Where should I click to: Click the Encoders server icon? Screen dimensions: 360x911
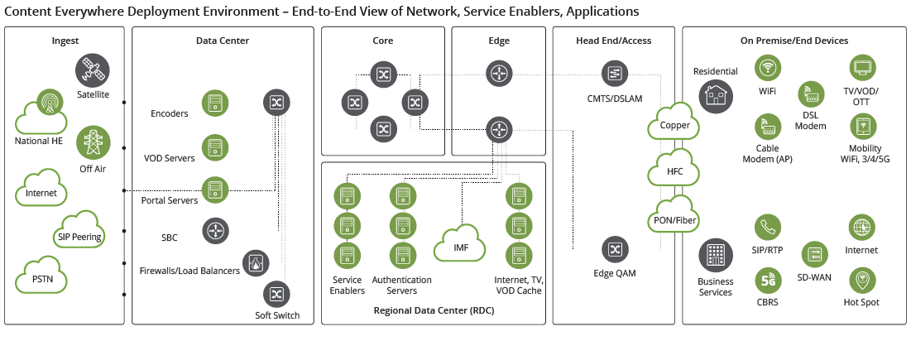[x=215, y=103]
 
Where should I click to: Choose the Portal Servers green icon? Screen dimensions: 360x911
[x=215, y=190]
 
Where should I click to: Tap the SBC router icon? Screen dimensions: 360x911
[x=215, y=231]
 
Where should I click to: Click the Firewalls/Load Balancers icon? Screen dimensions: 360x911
[x=255, y=263]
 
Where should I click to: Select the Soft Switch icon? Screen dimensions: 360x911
[x=276, y=295]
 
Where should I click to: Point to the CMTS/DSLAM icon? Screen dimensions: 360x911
[x=615, y=74]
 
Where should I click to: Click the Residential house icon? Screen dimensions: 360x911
[x=715, y=98]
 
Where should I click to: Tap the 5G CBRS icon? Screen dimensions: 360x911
[x=768, y=281]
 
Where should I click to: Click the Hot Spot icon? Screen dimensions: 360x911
[x=861, y=281]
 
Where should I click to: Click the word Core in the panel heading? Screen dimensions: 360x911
[x=383, y=41]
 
